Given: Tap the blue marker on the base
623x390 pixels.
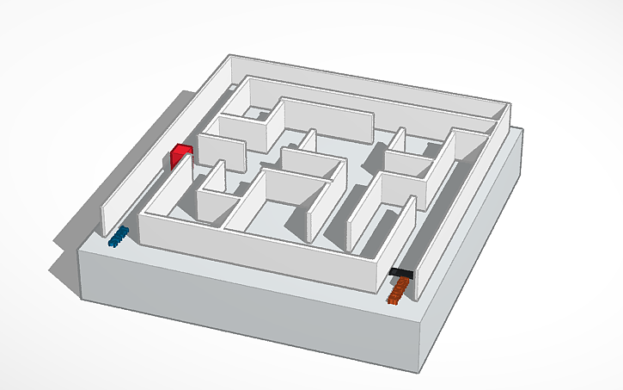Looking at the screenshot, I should tap(119, 235).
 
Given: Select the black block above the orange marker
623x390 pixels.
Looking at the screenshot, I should tap(401, 273).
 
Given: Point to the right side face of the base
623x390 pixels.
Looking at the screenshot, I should tap(477, 250).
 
